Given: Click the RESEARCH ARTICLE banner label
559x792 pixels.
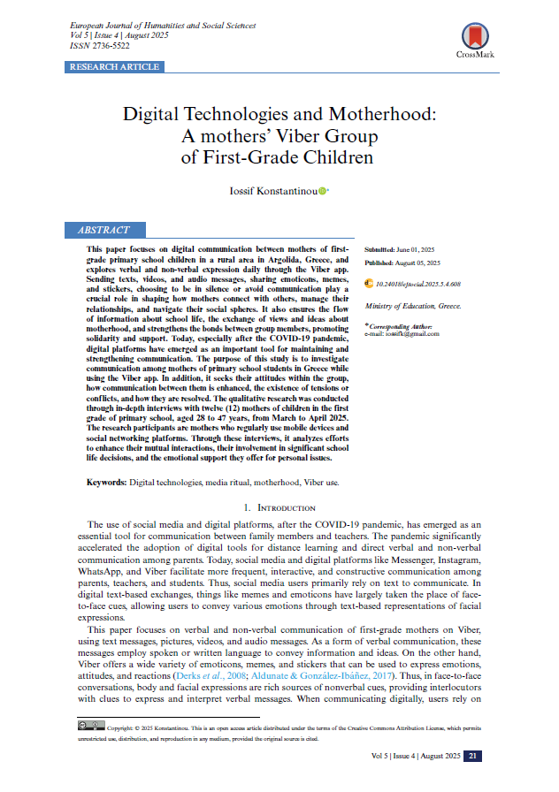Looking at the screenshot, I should [113, 67].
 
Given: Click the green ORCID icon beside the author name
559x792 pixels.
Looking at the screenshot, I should [323, 189].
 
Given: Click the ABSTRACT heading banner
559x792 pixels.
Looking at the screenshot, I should [103, 230].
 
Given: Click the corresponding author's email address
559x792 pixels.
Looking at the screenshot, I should [408, 333].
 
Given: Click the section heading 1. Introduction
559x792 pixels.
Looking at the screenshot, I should [279, 508].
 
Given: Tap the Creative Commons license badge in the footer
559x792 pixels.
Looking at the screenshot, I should [91, 725].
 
